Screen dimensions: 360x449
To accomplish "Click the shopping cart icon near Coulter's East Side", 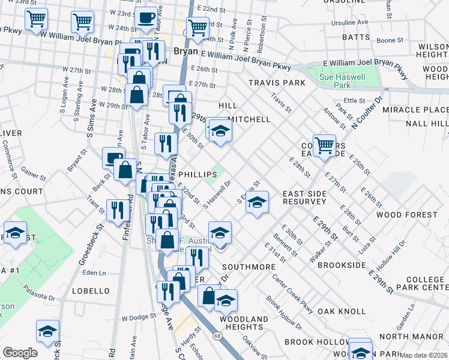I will [324, 145].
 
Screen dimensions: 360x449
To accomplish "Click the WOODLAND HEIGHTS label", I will [244, 323].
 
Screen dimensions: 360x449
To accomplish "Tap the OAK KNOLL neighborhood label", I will [342, 311].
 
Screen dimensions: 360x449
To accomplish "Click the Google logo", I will [20, 353].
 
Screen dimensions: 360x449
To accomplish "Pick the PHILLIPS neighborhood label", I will [197, 174].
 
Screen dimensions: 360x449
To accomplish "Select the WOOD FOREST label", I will [406, 215].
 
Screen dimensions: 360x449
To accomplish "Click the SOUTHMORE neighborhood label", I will [244, 265].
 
